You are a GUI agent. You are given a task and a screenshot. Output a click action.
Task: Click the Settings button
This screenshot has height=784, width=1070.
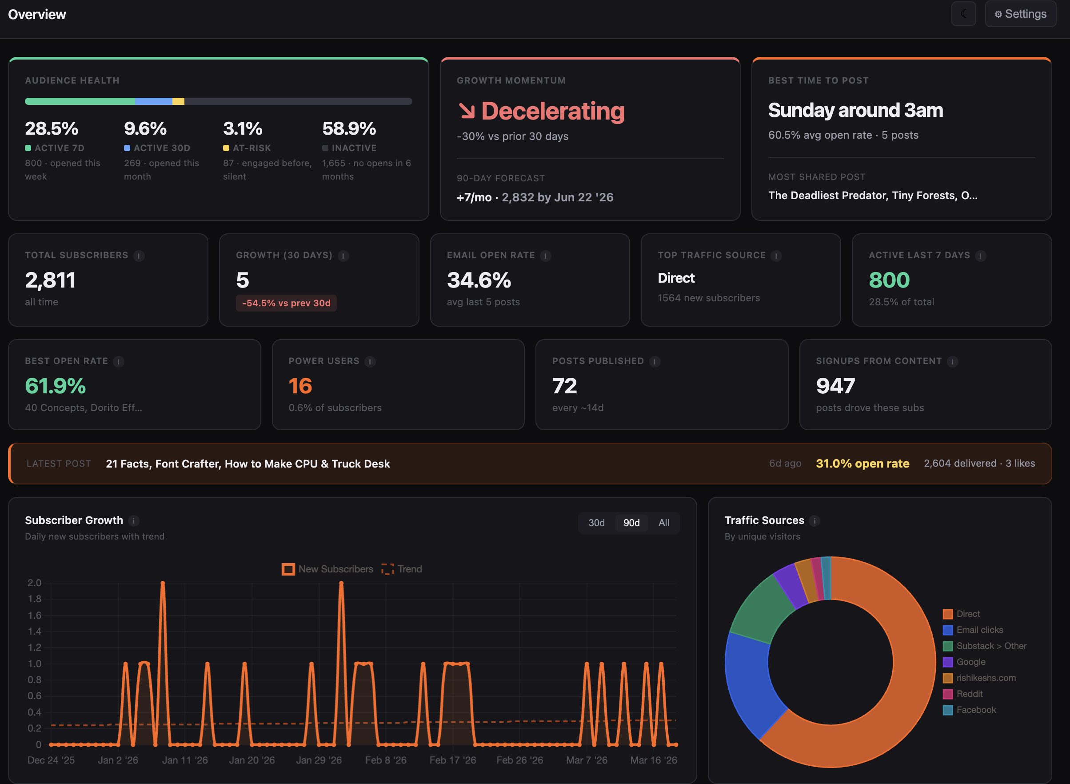(1020, 14)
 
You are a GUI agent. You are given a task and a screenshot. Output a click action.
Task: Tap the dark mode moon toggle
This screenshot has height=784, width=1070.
(963, 14)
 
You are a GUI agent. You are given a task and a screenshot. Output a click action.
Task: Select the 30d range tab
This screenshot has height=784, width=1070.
(596, 523)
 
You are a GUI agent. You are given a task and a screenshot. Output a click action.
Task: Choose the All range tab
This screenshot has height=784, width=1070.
(663, 523)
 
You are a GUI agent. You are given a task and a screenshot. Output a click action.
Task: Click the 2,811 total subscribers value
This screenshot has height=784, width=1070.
(50, 280)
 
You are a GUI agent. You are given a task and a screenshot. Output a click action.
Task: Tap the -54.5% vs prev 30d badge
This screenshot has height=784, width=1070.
(286, 303)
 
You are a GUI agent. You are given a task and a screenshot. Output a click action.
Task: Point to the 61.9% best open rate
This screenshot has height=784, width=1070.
(55, 386)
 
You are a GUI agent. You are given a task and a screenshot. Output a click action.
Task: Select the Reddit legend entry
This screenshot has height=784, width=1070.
(969, 694)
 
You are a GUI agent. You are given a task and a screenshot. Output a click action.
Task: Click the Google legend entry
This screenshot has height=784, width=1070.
(970, 662)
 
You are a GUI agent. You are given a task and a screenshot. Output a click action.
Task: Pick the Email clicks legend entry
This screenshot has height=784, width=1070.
(979, 630)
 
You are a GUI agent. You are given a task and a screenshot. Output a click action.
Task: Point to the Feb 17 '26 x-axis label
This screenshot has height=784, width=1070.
(453, 760)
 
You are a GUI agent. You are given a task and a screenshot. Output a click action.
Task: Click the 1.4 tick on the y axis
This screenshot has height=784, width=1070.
(35, 631)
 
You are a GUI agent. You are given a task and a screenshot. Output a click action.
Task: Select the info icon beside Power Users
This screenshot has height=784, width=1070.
(370, 362)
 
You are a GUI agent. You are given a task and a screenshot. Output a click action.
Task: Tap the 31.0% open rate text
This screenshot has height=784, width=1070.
(862, 464)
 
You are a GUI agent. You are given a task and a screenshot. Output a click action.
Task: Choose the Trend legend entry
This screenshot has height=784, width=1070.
(401, 569)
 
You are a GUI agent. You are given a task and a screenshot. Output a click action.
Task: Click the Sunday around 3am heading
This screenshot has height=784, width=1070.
(855, 110)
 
